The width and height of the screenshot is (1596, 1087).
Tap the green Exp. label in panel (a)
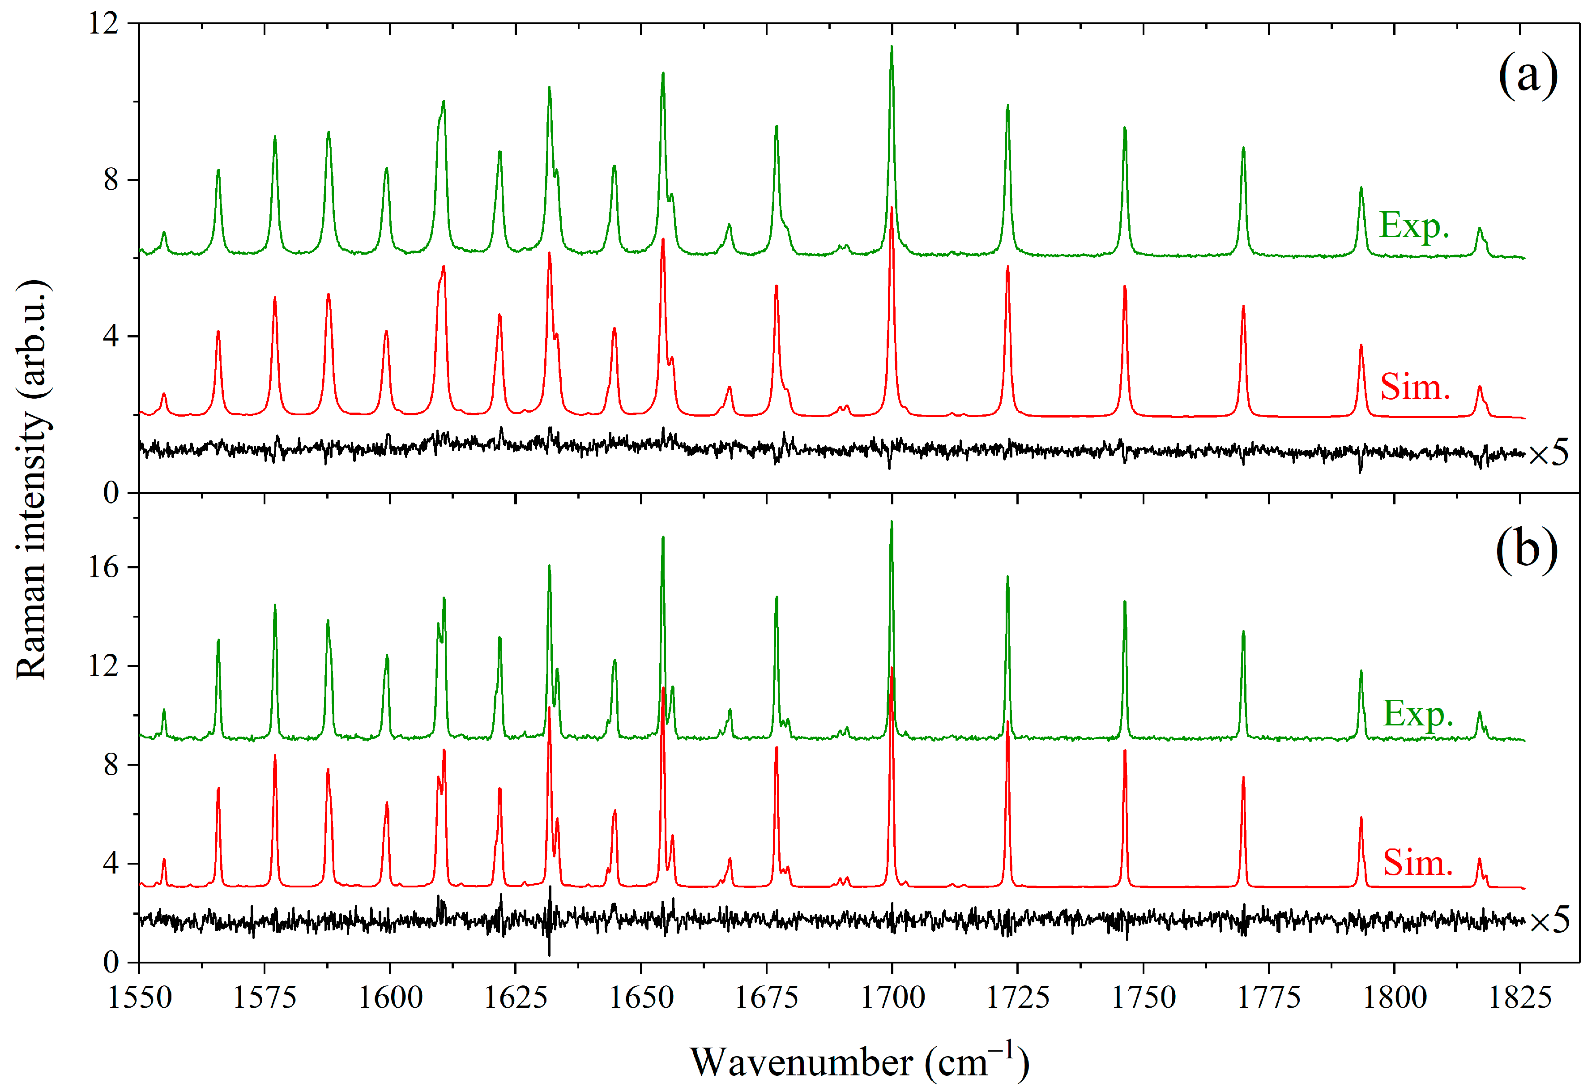coord(1414,225)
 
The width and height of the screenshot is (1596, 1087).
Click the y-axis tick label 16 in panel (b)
coord(103,567)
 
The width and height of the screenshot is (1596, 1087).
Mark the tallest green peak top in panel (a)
coord(892,47)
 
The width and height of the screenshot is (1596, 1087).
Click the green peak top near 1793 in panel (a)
coord(1361,188)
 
